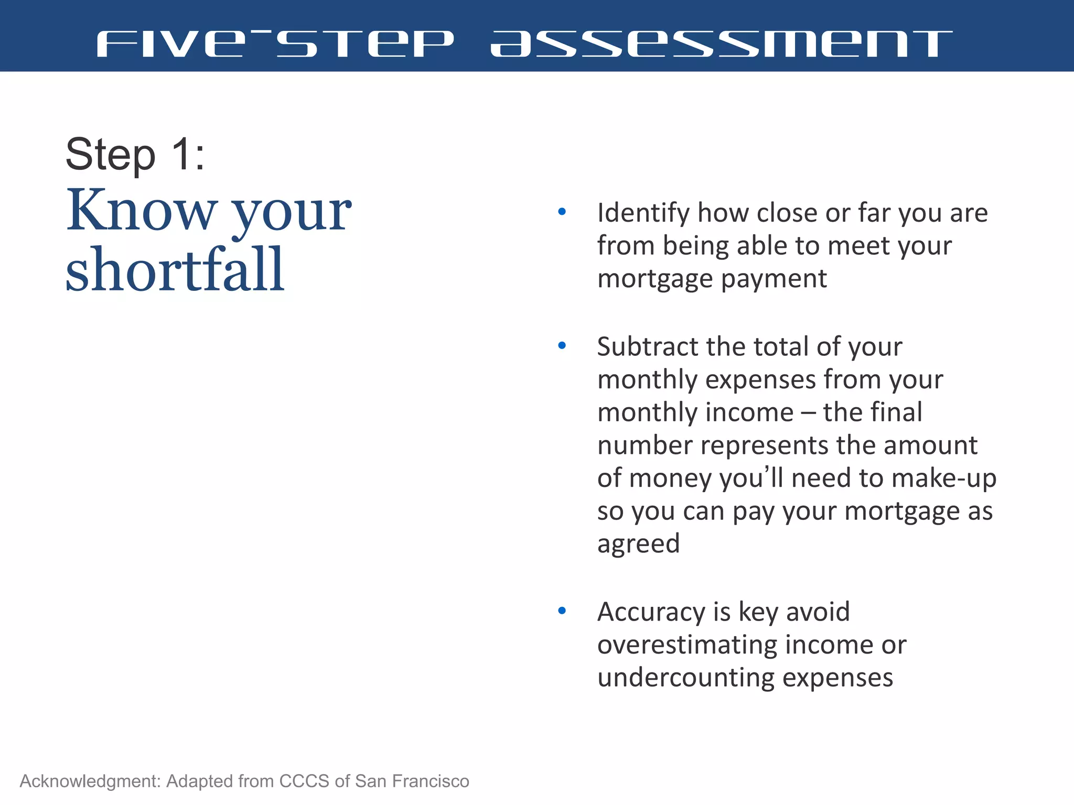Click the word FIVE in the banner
pyautogui.click(x=171, y=44)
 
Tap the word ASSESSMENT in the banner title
pyautogui.click(x=721, y=44)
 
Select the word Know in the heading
pyautogui.click(x=141, y=211)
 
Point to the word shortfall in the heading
pyautogui.click(x=175, y=269)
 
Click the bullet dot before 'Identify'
pyautogui.click(x=562, y=212)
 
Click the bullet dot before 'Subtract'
pyautogui.click(x=562, y=346)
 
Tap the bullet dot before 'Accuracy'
pyautogui.click(x=562, y=611)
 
